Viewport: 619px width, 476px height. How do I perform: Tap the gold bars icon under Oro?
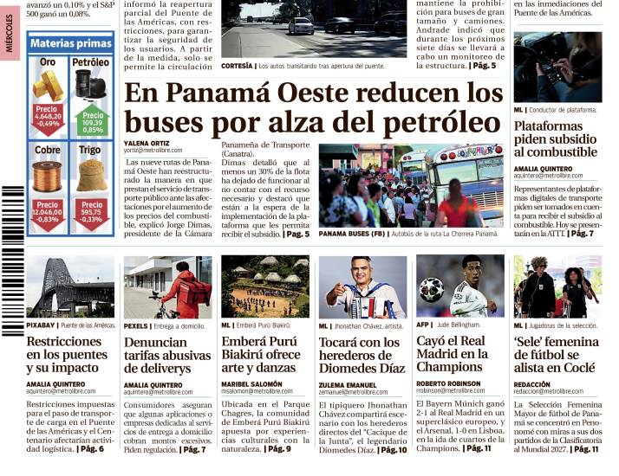(x=48, y=85)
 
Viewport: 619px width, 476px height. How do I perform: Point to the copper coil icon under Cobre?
(x=48, y=177)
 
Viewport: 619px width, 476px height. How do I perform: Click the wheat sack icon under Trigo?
(x=90, y=176)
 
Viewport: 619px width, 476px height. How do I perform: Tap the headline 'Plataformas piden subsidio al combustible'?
(x=554, y=138)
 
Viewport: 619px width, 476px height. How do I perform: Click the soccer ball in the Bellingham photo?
(x=431, y=289)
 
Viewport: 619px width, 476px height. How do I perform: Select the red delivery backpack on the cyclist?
(x=195, y=292)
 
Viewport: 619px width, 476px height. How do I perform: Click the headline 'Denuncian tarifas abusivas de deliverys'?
(x=167, y=354)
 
